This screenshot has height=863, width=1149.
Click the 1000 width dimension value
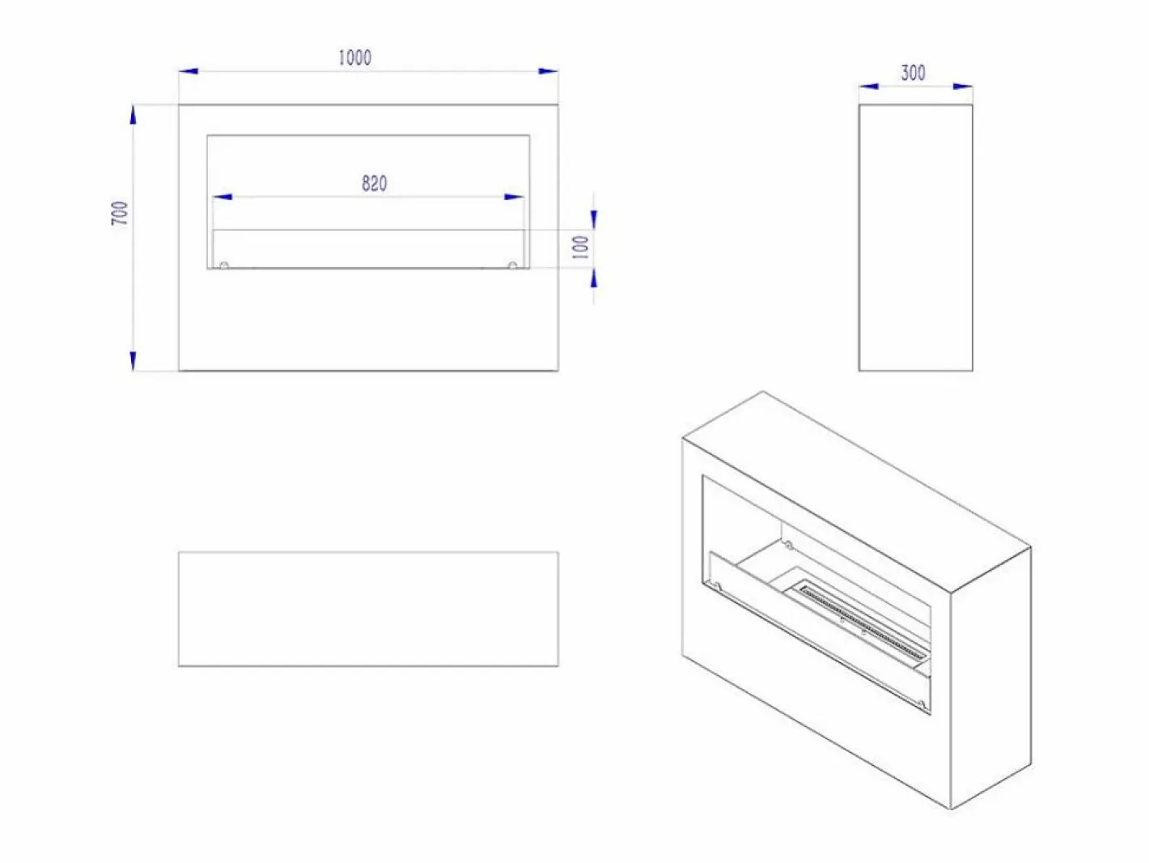(355, 57)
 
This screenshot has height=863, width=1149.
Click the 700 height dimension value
(120, 213)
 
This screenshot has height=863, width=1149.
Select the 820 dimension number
(375, 183)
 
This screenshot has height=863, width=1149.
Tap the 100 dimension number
(580, 247)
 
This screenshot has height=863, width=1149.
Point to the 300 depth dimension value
(913, 73)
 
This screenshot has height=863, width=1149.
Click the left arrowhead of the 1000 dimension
(189, 70)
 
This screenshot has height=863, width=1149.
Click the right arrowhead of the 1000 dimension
(548, 70)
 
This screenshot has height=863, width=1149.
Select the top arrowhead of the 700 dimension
(133, 115)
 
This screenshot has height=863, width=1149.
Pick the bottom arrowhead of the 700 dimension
(133, 361)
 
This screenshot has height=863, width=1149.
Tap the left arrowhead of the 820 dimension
(223, 197)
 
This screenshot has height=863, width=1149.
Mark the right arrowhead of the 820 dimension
(514, 197)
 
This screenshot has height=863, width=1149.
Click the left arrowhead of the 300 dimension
(869, 86)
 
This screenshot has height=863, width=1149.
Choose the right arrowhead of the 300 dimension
(963, 86)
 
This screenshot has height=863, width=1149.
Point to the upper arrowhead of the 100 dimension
(594, 220)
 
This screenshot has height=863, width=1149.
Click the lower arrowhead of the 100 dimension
(594, 278)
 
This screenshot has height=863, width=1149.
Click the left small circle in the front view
(224, 266)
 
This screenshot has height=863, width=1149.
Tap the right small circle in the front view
(513, 266)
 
